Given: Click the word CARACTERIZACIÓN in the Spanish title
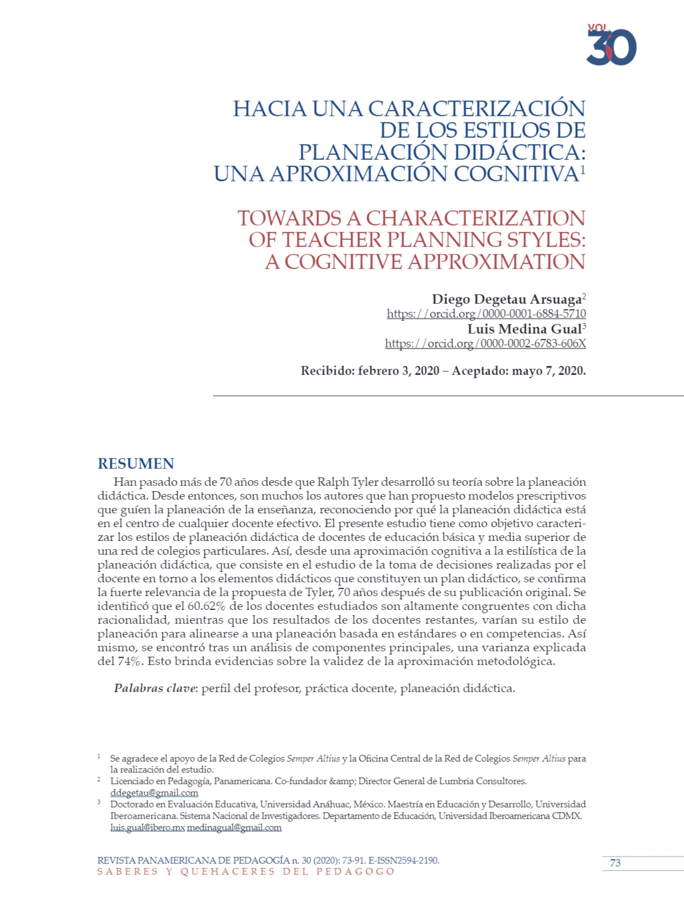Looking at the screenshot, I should point(477,109).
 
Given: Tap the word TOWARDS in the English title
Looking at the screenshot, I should point(290,218).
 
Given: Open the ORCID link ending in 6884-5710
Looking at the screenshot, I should point(486,314).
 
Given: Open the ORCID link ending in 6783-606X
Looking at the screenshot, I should point(485,344).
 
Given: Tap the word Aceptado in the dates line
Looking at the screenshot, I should point(479,371).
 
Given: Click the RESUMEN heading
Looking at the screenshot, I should point(136,463).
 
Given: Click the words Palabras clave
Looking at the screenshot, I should point(154,688).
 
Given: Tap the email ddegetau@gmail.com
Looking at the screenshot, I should point(154,793).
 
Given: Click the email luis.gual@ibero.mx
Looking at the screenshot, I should point(147,828).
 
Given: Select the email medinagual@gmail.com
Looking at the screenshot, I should point(234,828).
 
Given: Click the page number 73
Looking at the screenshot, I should point(615,863).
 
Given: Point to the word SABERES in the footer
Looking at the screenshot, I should point(127,872).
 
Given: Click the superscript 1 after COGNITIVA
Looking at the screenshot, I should point(583,170).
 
